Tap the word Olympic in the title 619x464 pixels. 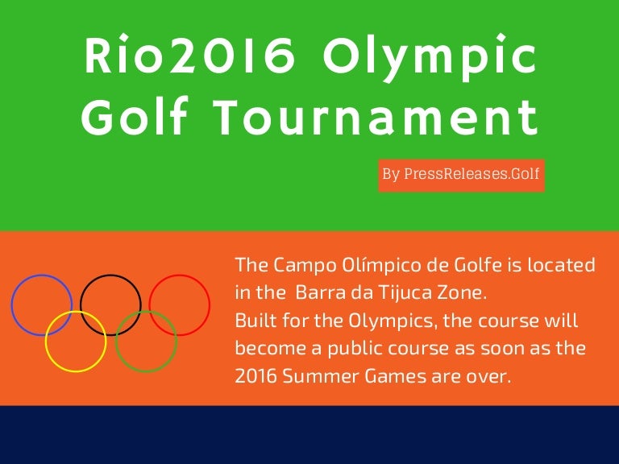point(430,58)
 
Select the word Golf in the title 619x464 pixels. point(135,116)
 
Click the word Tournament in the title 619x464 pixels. point(377,117)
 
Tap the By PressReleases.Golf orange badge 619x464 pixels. point(461,175)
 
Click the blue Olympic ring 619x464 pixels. point(12,304)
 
